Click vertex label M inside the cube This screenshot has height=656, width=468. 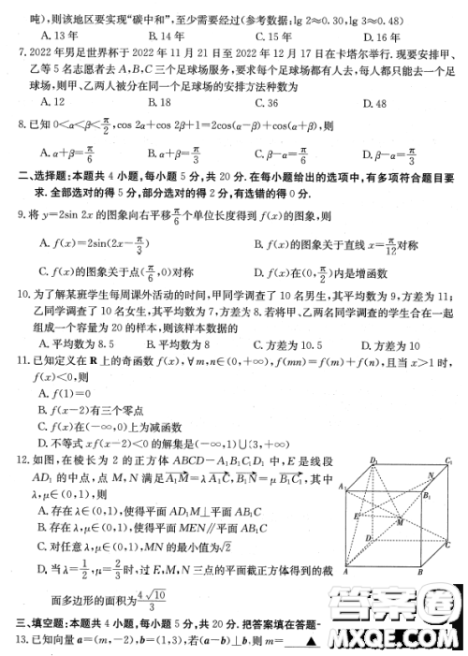click(401, 522)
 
